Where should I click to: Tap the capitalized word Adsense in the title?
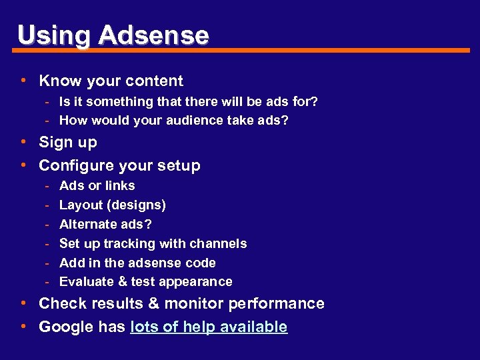click(x=154, y=35)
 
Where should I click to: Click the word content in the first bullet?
click(x=157, y=81)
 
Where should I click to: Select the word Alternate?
click(x=88, y=225)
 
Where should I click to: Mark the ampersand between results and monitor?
click(x=153, y=304)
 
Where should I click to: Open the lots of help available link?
click(x=209, y=327)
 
